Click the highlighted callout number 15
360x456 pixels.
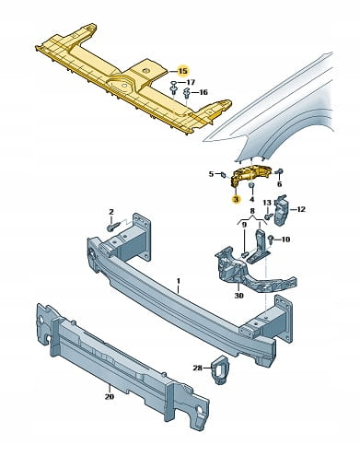point(183,71)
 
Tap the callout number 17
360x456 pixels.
point(191,82)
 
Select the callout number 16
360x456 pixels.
point(203,92)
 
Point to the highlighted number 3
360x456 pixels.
point(236,199)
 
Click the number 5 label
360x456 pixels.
point(211,174)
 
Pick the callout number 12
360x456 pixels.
point(301,209)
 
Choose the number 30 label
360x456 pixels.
point(238,296)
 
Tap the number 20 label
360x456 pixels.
point(110,396)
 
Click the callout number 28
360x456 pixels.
point(198,368)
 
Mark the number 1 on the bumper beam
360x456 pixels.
point(179,281)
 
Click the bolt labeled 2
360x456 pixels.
point(111,228)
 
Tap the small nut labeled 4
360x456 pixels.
point(251,186)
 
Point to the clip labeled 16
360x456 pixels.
point(186,92)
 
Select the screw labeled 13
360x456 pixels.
point(267,216)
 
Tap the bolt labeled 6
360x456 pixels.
point(280,172)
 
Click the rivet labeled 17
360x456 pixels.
point(173,87)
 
